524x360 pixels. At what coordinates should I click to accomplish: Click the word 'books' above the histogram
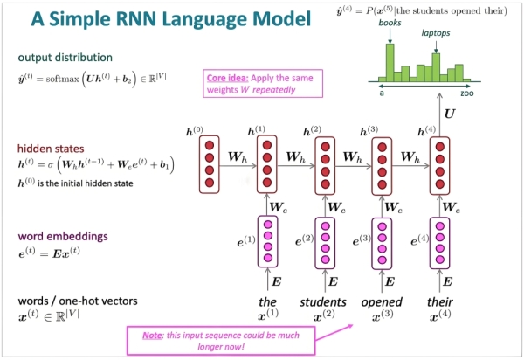tap(389, 24)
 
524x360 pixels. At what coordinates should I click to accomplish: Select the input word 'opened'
tap(381, 302)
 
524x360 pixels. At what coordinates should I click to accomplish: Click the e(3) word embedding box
tap(381, 241)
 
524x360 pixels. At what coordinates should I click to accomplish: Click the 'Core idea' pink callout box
tap(261, 82)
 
